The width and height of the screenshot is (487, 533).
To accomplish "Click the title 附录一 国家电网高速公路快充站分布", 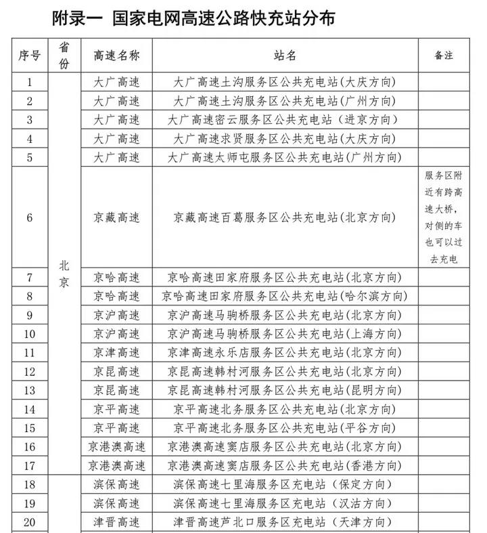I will (193, 18).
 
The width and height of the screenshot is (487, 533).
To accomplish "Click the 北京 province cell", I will (64, 274).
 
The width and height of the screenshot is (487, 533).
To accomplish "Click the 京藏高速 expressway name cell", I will (116, 217).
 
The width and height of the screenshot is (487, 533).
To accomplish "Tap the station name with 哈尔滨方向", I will (285, 296).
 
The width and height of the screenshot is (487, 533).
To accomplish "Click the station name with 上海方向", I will (285, 334).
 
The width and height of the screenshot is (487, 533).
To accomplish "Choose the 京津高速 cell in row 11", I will (116, 353).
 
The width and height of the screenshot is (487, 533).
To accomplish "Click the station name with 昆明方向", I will (285, 390).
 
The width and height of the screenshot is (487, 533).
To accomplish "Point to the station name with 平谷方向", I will (285, 428).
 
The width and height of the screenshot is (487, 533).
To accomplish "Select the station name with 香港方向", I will (285, 465).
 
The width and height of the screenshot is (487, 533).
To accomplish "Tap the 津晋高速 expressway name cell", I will (116, 521).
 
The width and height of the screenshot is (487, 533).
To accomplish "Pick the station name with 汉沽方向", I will (285, 503).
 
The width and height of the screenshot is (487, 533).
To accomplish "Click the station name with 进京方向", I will (285, 120).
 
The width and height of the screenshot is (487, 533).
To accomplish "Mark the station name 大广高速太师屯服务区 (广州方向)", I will (285, 157).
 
